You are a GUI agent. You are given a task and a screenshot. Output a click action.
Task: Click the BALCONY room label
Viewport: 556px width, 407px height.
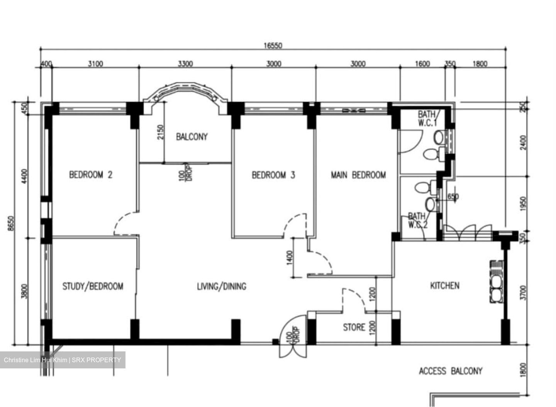[192, 136]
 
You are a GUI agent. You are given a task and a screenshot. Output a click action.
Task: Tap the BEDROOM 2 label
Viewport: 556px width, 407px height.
[91, 175]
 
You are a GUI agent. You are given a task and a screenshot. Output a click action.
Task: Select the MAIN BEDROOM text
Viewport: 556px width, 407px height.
[358, 175]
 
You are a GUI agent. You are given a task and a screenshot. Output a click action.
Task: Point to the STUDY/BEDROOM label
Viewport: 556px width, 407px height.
[93, 286]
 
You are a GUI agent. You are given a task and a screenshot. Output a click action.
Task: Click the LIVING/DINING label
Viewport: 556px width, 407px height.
[222, 286]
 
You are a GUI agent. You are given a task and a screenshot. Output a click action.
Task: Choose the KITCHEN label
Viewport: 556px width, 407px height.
[445, 285]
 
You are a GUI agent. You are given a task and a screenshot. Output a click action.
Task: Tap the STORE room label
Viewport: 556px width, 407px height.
[354, 327]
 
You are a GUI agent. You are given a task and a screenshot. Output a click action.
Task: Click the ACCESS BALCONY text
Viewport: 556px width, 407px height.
[451, 371]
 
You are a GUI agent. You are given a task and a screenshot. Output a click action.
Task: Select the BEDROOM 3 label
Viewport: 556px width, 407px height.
[273, 175]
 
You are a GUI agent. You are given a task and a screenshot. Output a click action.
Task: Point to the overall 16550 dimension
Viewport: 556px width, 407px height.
[273, 46]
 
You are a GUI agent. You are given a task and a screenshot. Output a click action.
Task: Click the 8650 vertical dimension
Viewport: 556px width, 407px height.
[11, 223]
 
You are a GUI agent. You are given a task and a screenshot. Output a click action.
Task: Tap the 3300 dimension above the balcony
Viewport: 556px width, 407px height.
[185, 64]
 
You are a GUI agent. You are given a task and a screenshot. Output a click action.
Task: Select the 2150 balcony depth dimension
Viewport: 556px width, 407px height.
[161, 132]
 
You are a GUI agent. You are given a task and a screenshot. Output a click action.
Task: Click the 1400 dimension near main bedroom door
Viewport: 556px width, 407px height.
[290, 258]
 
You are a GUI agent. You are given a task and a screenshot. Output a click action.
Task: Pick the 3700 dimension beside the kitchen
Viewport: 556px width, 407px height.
[524, 293]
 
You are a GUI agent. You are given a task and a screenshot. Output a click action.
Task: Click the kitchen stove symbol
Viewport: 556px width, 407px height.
[497, 282]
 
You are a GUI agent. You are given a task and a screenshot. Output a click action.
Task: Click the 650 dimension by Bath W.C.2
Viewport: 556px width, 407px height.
[453, 197]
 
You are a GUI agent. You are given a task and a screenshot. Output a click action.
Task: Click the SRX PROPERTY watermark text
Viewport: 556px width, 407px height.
[96, 360]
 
